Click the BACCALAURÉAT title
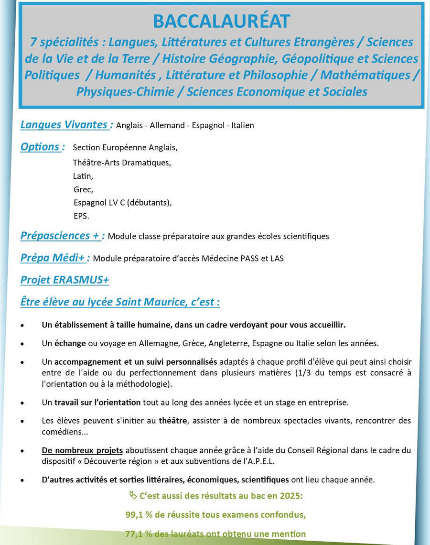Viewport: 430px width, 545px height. tap(221, 22)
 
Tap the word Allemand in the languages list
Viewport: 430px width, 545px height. tap(165, 126)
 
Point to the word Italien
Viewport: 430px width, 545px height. tap(243, 126)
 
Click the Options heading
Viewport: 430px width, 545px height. tap(43, 147)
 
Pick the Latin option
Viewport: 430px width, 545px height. tap(83, 176)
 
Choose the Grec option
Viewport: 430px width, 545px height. tap(84, 189)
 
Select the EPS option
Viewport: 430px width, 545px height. tap(81, 216)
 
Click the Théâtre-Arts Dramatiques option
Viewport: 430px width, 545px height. tap(122, 163)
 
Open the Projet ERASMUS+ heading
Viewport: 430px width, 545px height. tap(64, 280)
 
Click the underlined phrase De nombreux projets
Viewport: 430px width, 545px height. tap(82, 450)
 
